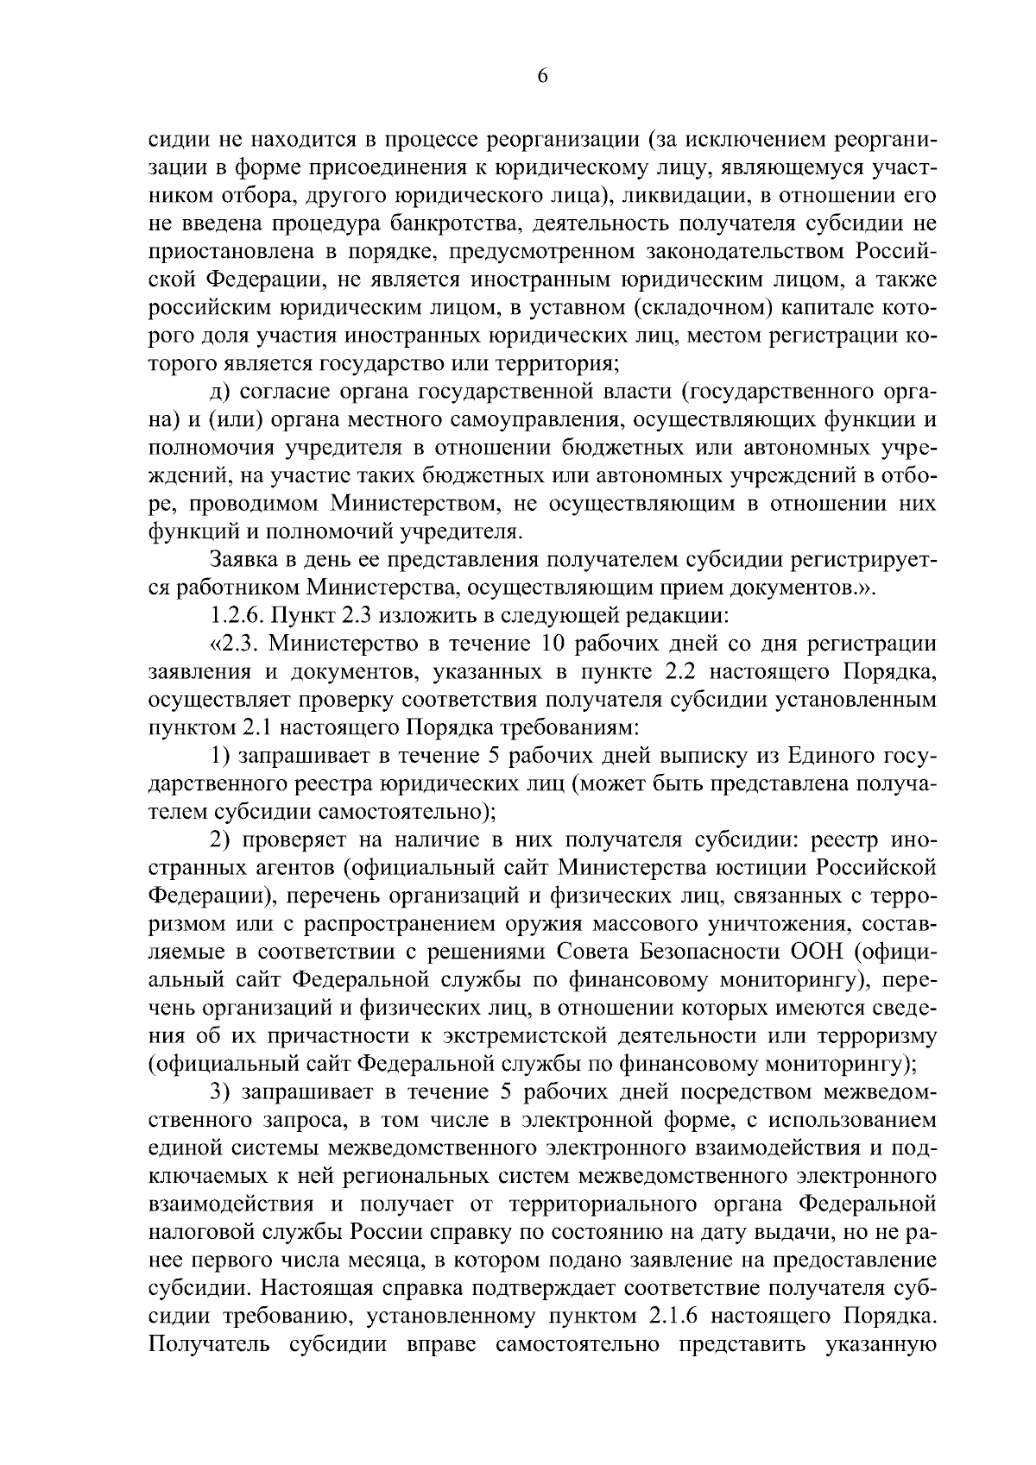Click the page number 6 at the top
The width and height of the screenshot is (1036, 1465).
tap(542, 76)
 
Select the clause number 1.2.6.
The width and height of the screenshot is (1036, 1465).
tap(237, 616)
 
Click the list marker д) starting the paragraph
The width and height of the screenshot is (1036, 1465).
tap(220, 393)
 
